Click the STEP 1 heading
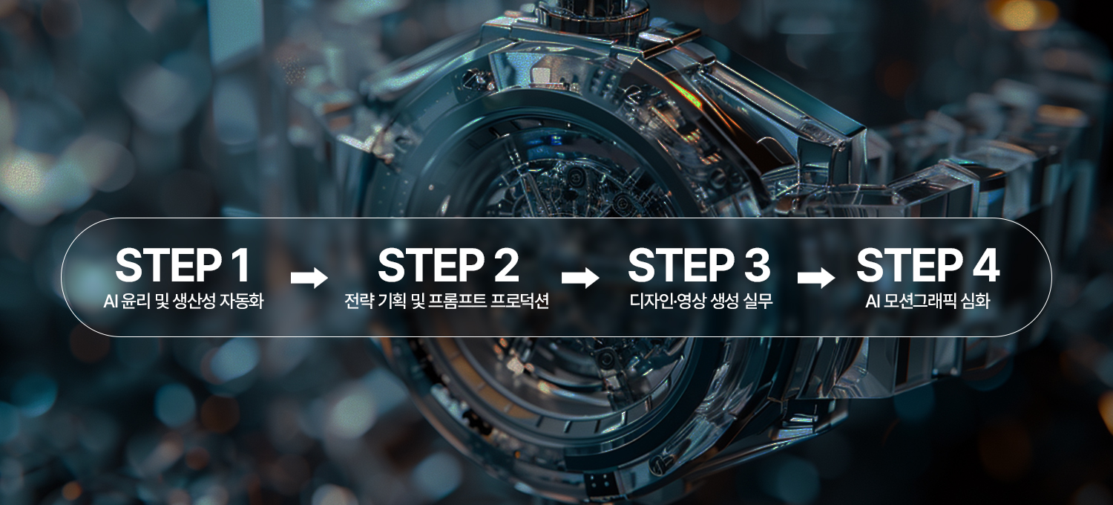(x=183, y=266)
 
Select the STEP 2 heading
(x=448, y=266)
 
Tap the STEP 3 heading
(x=698, y=266)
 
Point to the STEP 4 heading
(x=927, y=266)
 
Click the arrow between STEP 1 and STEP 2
(x=309, y=278)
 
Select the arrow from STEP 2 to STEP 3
(x=580, y=278)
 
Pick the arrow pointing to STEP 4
(x=815, y=278)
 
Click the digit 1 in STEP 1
(x=239, y=266)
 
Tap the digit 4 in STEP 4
(x=984, y=266)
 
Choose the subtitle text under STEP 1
(x=183, y=302)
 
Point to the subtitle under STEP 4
(x=927, y=302)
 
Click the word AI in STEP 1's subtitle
(x=111, y=302)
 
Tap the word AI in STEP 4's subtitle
(x=873, y=302)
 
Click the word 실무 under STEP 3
(x=758, y=302)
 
